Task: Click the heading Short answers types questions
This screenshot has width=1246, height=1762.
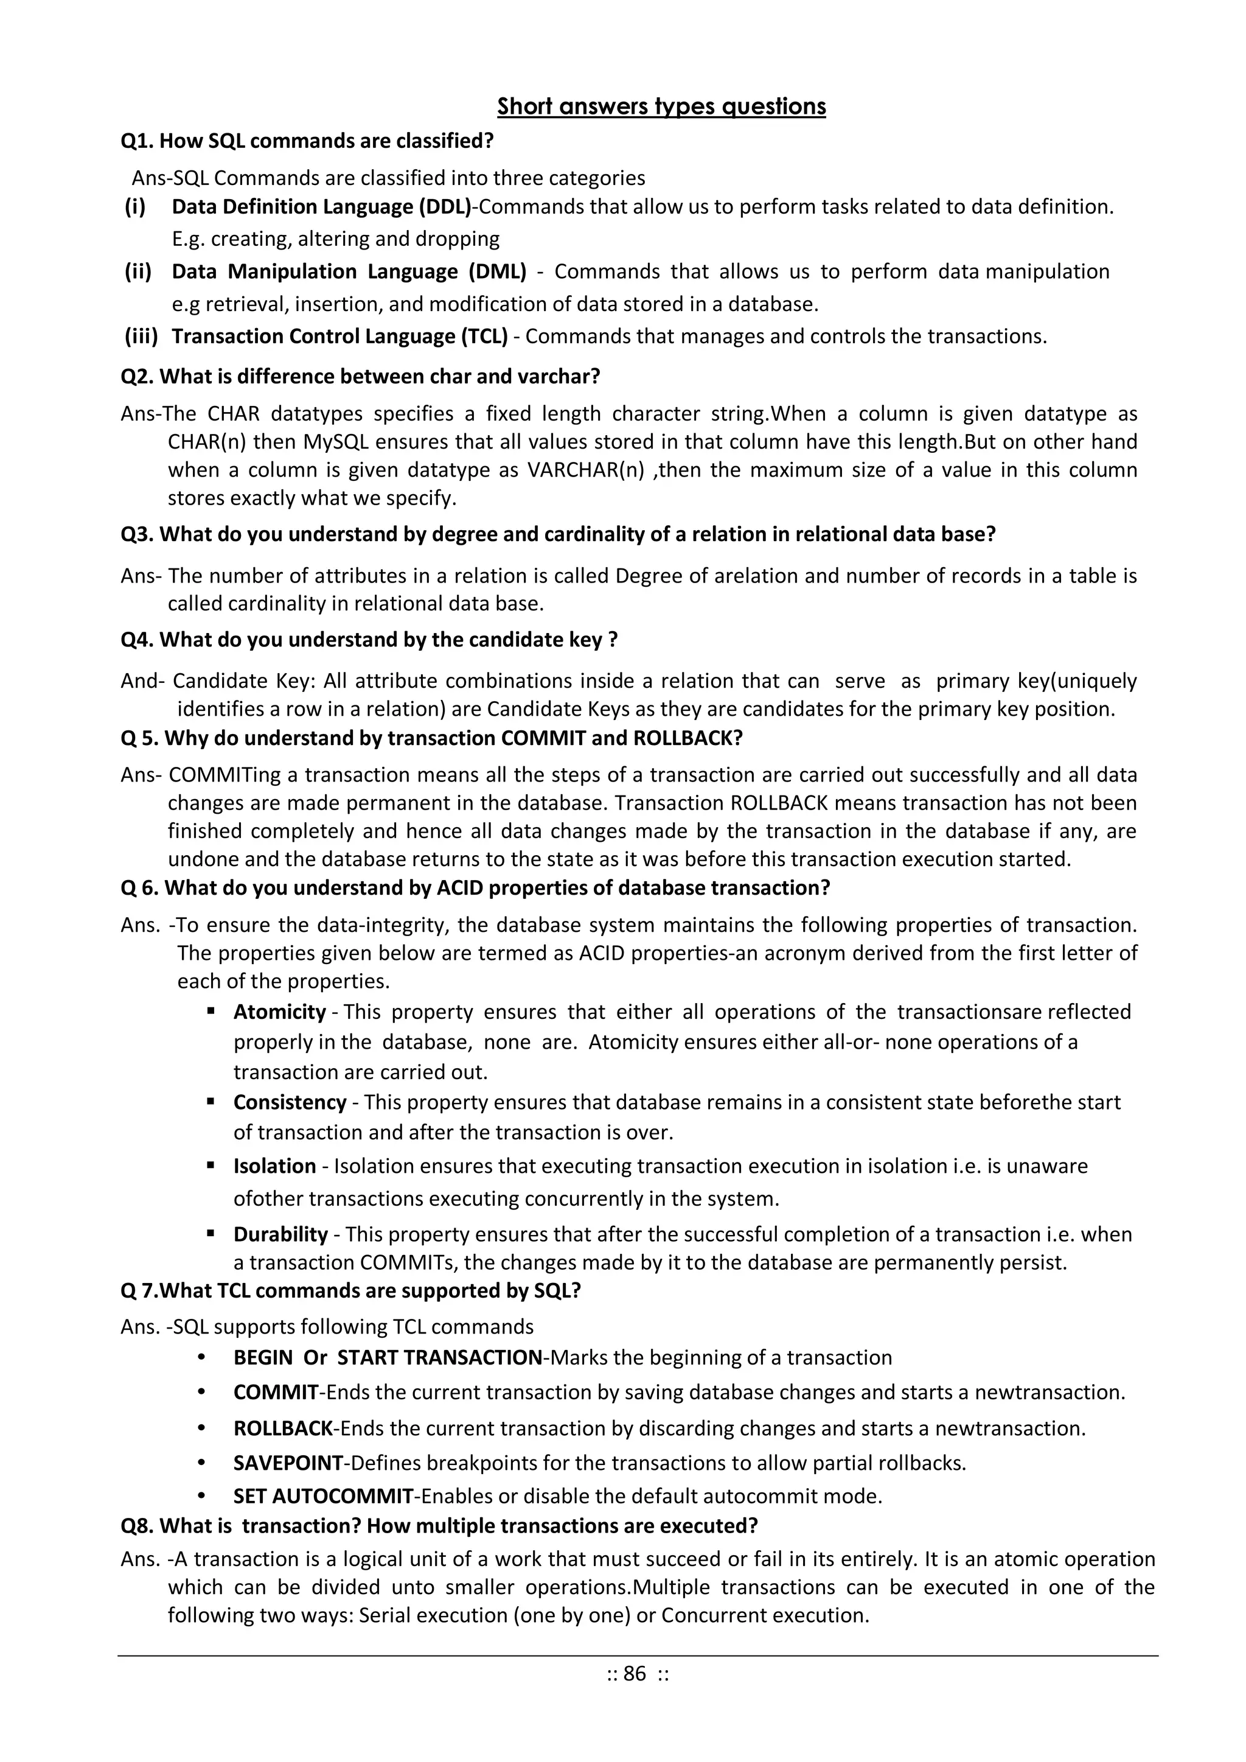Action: (x=661, y=106)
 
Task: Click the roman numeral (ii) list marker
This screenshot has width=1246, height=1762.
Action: (x=138, y=271)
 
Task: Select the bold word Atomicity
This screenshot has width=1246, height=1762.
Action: (x=279, y=1012)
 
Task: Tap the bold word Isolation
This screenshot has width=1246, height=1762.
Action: (x=274, y=1166)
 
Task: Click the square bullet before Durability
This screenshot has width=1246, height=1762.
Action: (x=211, y=1233)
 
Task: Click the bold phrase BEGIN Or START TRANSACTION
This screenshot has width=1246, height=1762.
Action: (x=388, y=1358)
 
